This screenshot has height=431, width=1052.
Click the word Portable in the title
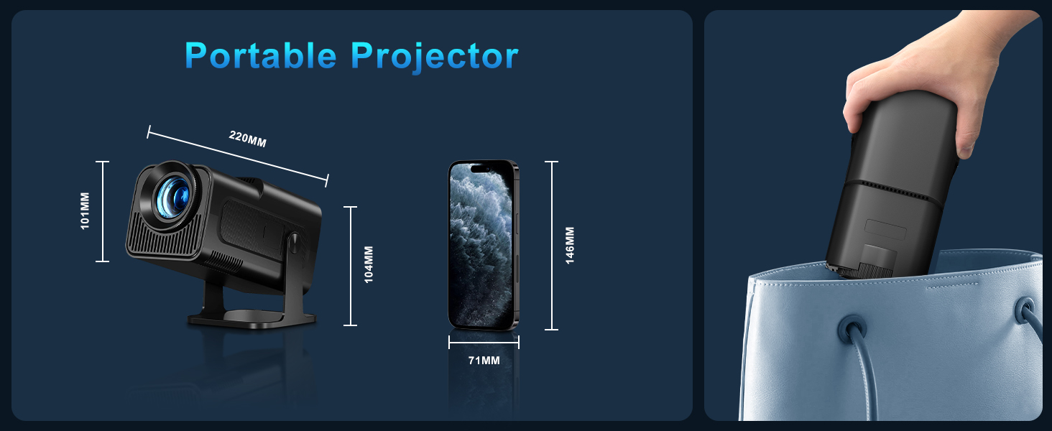point(261,56)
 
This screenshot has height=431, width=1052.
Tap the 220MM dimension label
point(247,139)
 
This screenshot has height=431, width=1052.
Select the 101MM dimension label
point(85,210)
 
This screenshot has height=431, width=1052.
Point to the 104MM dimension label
point(369,264)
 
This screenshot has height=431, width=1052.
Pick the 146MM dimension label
point(570,245)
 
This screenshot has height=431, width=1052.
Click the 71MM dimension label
point(484,361)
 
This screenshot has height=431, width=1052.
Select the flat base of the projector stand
point(252,319)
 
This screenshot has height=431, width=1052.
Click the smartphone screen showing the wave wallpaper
point(481,245)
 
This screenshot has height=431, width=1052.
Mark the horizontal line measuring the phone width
point(484,343)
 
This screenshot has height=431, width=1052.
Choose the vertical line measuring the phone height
point(552,246)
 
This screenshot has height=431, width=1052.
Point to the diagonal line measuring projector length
point(238,157)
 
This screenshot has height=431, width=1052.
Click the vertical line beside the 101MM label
point(102,211)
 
